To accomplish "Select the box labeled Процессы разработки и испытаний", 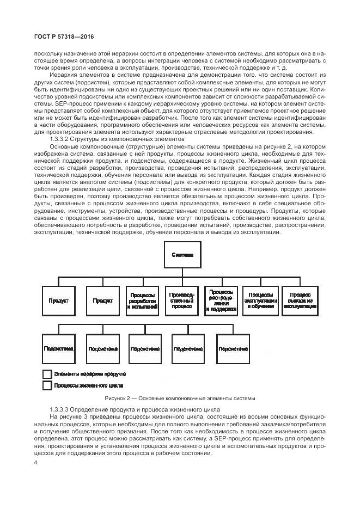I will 143,301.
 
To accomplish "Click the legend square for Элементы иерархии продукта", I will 47,374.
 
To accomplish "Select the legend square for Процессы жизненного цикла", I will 47,385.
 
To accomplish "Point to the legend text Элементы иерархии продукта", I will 89,374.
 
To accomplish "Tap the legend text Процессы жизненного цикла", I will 88,385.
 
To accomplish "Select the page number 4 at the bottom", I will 35,463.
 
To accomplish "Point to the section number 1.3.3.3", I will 61,408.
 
